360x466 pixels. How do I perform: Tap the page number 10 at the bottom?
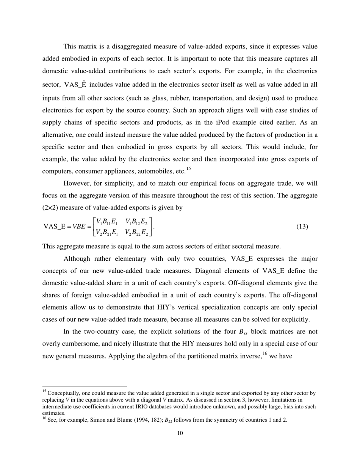click(x=180, y=433)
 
